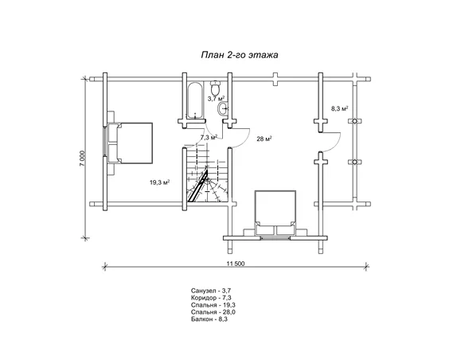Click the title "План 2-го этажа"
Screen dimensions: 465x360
[x=240, y=55]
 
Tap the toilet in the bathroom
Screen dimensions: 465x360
[x=215, y=88]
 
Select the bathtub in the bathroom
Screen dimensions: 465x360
[x=195, y=100]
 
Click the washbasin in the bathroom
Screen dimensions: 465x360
[x=223, y=109]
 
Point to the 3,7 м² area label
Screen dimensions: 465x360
[x=216, y=99]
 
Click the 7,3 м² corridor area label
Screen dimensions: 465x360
[x=209, y=137]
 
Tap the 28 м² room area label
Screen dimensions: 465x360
[x=264, y=139]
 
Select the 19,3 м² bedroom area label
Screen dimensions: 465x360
[x=159, y=182]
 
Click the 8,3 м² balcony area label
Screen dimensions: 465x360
[x=339, y=108]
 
